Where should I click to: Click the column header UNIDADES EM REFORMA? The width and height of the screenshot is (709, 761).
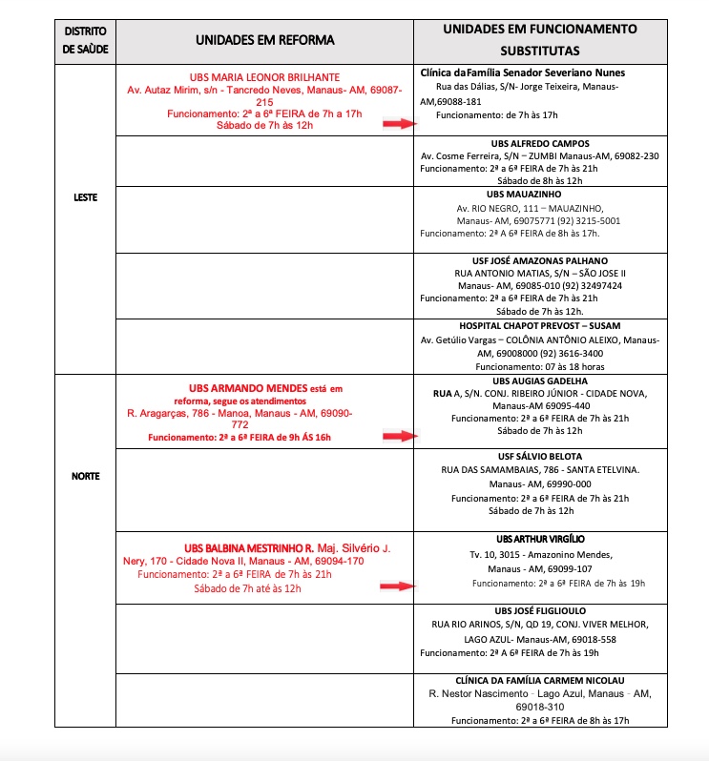point(265,40)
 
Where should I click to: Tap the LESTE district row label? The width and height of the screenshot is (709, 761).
point(85,198)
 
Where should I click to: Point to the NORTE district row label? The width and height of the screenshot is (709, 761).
point(85,476)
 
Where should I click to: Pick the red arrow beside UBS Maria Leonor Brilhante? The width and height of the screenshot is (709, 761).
point(401,124)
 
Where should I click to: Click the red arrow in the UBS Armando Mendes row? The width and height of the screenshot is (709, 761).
point(401,436)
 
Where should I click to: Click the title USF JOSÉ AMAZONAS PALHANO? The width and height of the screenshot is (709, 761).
point(540,260)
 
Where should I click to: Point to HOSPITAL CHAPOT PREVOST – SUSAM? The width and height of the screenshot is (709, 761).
point(540,325)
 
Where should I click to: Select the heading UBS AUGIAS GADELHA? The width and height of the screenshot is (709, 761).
point(540,380)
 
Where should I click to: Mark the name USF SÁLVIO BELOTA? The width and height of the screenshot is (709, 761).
point(540,457)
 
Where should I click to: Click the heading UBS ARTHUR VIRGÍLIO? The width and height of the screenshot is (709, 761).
point(540,539)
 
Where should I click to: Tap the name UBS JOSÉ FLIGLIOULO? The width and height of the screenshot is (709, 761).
point(540,610)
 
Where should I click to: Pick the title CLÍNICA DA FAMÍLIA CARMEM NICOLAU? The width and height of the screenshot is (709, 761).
point(540,680)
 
